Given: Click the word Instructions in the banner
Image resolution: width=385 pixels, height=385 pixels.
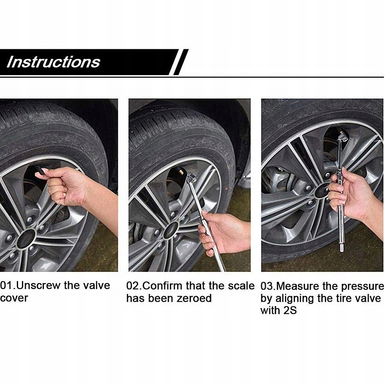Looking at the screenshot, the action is [x=53, y=62].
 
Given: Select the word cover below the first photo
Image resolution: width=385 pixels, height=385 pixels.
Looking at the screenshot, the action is [x=14, y=298].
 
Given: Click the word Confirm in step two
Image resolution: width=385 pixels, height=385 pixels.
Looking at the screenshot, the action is [x=163, y=286].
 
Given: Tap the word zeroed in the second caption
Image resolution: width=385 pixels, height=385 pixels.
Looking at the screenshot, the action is [x=194, y=298].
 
